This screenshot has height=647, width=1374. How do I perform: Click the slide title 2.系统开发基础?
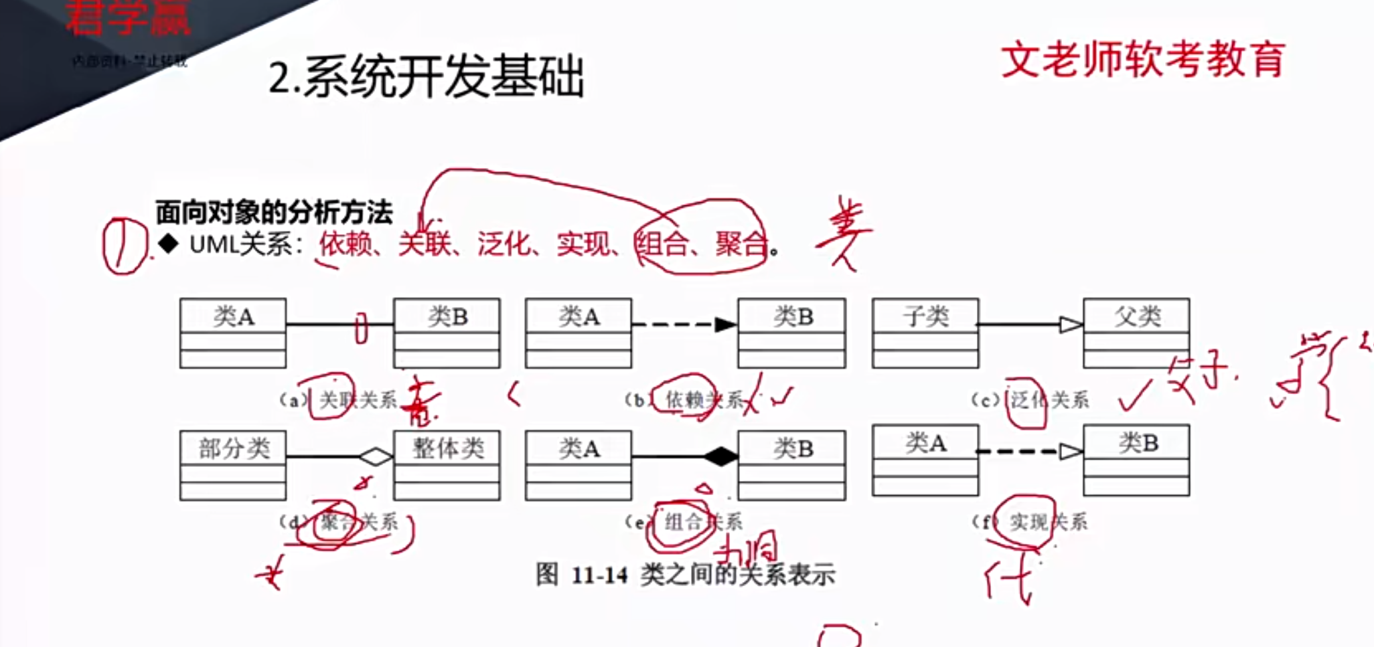point(426,78)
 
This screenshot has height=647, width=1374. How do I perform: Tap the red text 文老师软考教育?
point(1142,60)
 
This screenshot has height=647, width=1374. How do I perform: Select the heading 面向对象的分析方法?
point(274,213)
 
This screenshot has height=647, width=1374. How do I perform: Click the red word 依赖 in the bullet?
point(346,244)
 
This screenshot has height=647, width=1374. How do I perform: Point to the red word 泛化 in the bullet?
point(504,244)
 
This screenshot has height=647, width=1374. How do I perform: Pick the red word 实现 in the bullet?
point(583,244)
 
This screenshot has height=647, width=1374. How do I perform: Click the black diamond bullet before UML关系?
point(168,244)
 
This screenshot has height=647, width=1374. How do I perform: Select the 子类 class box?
point(925,333)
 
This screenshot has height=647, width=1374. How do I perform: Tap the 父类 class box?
point(1136,333)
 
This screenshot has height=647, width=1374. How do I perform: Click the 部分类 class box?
point(233,465)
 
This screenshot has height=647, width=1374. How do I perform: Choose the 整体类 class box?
point(447,465)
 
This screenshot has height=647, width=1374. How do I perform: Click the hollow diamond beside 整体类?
point(376,456)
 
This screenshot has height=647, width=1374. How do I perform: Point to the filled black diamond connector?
point(720,456)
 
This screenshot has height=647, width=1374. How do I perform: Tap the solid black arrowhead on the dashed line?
point(725,325)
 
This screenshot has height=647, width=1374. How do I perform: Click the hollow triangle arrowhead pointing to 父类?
point(1071,325)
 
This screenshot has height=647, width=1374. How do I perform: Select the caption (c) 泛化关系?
point(1030,400)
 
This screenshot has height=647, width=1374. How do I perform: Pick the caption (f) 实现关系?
point(1030,522)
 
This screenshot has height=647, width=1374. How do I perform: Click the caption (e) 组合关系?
point(684,522)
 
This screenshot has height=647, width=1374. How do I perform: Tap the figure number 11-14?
point(599,575)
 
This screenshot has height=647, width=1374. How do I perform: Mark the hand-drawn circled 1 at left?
point(123,246)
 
